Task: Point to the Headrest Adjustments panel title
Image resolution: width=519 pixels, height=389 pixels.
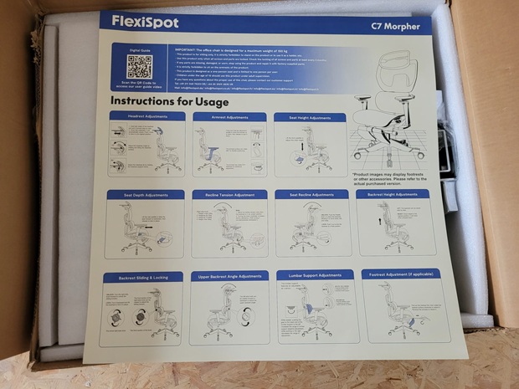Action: click(x=146, y=116)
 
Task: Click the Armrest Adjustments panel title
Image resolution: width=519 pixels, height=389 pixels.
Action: click(x=229, y=117)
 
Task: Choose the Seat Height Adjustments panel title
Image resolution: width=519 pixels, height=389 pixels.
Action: click(x=310, y=118)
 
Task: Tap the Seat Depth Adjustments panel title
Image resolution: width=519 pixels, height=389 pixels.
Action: click(x=145, y=194)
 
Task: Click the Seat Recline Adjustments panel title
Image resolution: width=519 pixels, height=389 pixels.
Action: click(x=311, y=194)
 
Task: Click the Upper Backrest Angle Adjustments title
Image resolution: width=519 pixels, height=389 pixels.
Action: click(x=229, y=275)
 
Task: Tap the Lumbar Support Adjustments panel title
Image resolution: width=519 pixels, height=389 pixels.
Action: click(x=316, y=274)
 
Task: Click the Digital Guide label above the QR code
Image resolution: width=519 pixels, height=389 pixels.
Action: click(x=133, y=49)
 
